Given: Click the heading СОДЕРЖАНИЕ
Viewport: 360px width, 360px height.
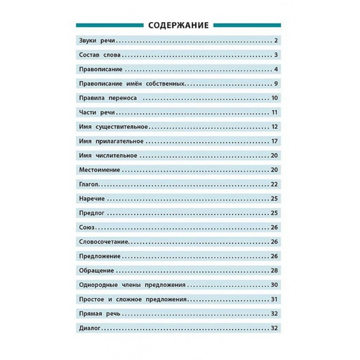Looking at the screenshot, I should click(178, 25).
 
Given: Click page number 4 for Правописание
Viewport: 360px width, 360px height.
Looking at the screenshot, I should click(275, 69).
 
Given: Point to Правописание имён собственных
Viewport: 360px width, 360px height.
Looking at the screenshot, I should click(132, 84).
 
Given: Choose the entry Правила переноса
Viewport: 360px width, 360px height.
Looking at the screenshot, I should click(108, 98).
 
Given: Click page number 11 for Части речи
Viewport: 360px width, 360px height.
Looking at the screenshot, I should click(274, 113).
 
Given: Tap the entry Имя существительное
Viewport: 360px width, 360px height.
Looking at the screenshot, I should click(114, 127).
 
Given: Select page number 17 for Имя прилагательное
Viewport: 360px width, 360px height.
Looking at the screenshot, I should click(274, 141).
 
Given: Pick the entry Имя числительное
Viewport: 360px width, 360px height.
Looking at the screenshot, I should click(108, 156).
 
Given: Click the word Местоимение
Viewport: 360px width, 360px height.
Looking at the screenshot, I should click(99, 170).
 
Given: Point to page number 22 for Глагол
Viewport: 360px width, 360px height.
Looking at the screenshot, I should click(274, 184).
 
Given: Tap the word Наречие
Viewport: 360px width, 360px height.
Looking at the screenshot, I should click(92, 199).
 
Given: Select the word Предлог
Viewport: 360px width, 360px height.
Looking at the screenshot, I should click(91, 213).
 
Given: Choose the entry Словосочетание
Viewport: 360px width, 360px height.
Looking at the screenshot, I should click(102, 242).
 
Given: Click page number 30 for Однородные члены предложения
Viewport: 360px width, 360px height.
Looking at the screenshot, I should click(274, 285).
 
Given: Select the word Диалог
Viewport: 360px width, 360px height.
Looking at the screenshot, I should click(89, 328).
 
